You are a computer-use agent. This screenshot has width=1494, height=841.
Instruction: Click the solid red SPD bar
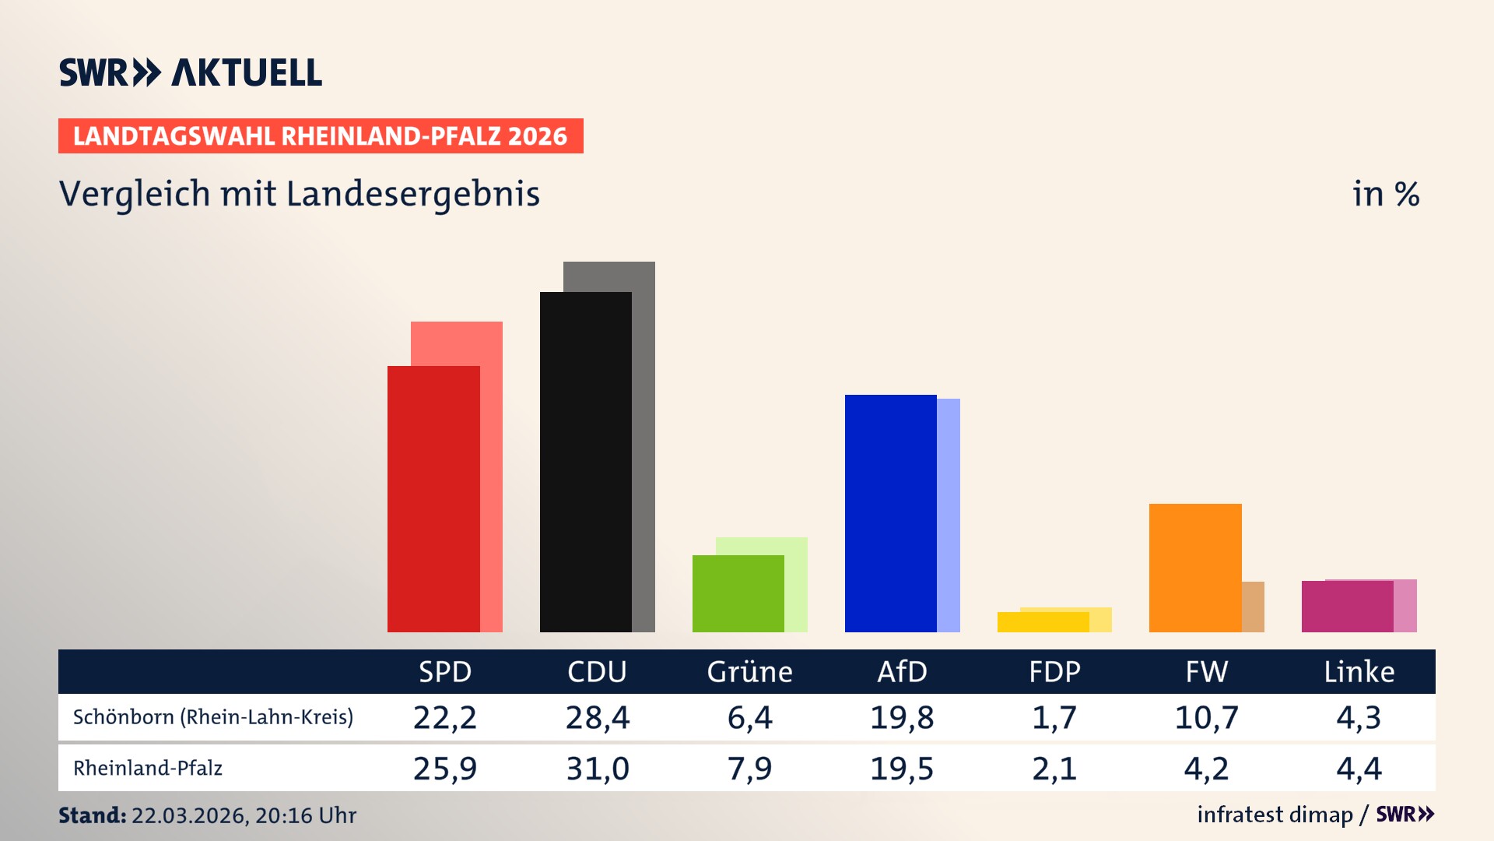[x=433, y=498]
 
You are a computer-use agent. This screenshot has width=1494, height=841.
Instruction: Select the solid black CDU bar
[x=585, y=462]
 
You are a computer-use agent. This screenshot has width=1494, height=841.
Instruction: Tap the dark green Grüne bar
[x=738, y=593]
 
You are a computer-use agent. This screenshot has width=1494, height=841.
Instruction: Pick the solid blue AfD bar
[x=890, y=513]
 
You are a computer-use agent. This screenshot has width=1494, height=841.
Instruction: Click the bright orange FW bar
[x=1194, y=568]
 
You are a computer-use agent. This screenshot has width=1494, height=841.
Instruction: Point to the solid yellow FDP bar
[x=1043, y=622]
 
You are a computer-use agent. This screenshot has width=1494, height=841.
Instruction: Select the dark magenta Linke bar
[x=1347, y=607]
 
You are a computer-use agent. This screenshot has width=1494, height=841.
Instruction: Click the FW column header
[x=1206, y=672]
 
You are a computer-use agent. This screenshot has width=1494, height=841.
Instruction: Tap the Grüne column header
[x=749, y=672]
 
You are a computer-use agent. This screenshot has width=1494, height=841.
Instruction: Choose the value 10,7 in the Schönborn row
[x=1206, y=717]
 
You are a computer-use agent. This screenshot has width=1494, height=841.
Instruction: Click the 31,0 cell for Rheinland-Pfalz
[x=597, y=769]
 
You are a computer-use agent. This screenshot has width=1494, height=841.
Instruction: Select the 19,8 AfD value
[x=902, y=717]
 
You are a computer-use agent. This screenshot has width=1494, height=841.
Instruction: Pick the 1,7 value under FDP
[x=1054, y=717]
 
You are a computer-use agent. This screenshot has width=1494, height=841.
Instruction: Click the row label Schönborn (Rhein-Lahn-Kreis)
[x=212, y=717]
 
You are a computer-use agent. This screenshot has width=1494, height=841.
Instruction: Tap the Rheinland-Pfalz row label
[x=148, y=769]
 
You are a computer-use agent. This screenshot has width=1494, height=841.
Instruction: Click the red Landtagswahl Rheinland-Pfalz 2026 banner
[x=320, y=136]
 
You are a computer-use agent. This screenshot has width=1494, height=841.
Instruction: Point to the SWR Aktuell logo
[x=191, y=72]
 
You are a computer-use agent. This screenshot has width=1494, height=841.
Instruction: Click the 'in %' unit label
[x=1385, y=195]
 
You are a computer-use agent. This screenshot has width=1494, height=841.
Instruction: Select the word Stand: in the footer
[x=92, y=815]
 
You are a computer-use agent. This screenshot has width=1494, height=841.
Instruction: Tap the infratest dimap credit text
[x=1275, y=815]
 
